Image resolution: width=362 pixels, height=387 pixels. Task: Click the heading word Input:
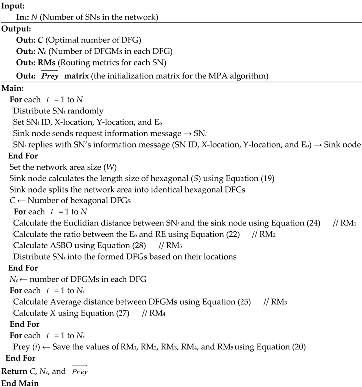point(13,5)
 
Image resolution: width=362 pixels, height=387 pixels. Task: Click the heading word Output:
point(16,29)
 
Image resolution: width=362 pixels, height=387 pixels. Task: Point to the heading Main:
point(13,88)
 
